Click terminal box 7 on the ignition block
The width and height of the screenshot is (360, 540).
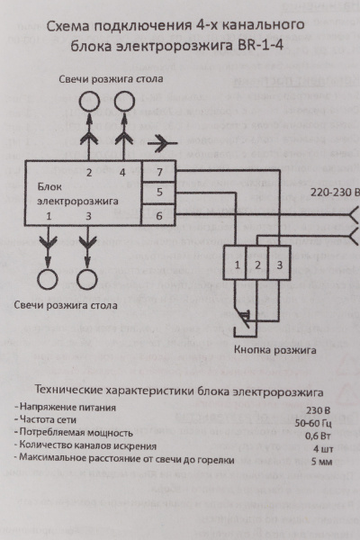tap(158, 172)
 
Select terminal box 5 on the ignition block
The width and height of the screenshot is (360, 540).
tap(158, 193)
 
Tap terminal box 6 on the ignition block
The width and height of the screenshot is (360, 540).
tap(158, 215)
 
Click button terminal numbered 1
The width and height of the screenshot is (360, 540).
tap(236, 265)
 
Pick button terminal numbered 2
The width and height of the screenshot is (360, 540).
tap(257, 265)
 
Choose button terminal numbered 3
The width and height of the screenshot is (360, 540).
tap(280, 265)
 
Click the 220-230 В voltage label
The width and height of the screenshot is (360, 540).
tap(334, 193)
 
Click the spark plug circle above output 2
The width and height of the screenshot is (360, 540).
tap(89, 102)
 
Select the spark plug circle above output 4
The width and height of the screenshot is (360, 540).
tap(124, 102)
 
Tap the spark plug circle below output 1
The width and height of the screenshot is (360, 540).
tap(47, 276)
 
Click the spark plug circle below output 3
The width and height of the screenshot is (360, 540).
tap(86, 276)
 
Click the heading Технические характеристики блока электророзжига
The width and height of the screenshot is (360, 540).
tap(180, 391)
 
